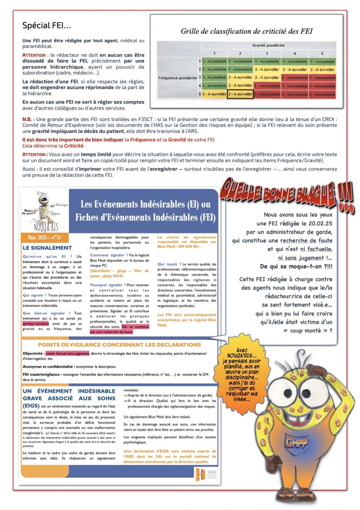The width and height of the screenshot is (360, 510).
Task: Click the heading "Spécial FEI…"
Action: click(46, 26)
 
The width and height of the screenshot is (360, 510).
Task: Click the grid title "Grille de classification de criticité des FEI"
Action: click(246, 31)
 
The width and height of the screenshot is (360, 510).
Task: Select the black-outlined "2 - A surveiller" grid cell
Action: click(240, 94)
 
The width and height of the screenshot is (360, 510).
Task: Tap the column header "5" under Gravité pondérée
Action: click(322, 53)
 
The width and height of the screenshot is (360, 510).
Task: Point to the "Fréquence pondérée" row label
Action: click(178, 78)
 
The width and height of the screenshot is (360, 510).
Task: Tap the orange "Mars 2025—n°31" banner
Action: click(44, 237)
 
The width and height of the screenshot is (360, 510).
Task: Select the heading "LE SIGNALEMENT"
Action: click(47, 248)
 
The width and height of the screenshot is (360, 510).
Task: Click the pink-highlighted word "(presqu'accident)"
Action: click(36, 324)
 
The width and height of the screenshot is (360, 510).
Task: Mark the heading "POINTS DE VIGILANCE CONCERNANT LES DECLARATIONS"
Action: click(119, 345)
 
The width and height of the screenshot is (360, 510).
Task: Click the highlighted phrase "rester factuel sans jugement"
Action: click(67, 354)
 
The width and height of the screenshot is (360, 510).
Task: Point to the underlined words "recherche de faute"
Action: click(306, 241)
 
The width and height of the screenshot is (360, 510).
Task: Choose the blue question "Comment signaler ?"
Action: click(107, 255)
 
